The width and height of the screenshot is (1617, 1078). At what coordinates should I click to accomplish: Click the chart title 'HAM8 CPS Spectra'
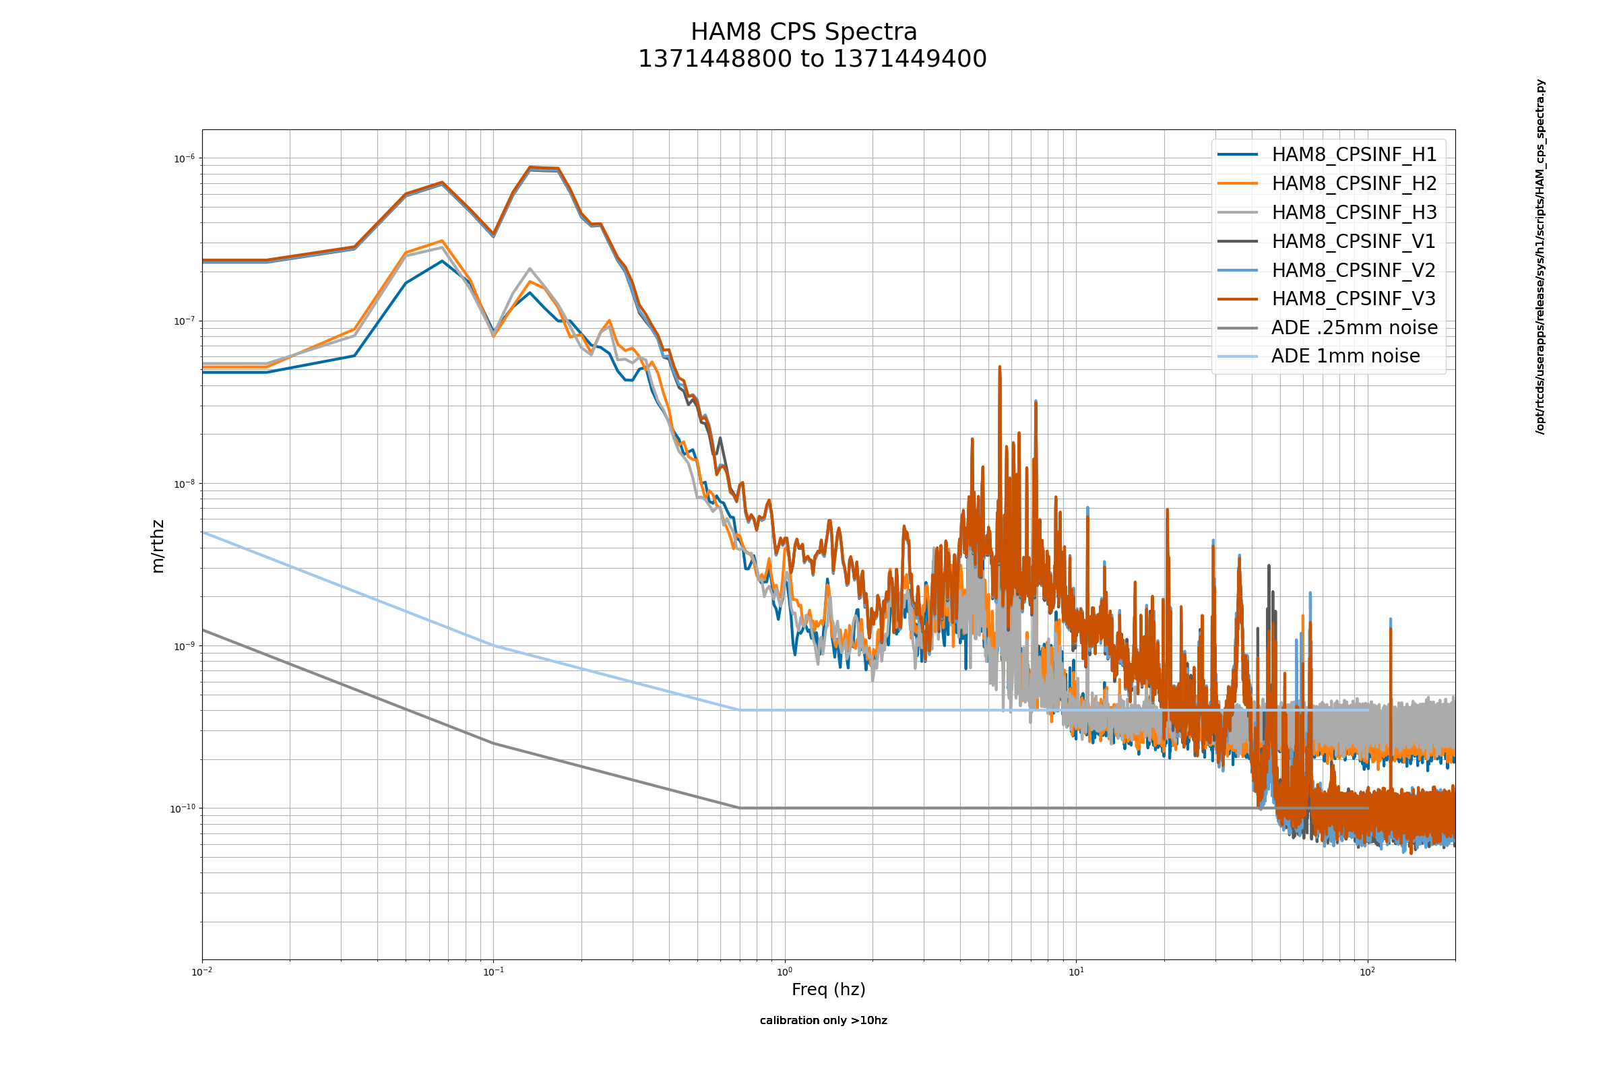pyautogui.click(x=803, y=32)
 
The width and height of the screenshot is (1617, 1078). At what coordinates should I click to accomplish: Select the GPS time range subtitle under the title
pyautogui.click(x=812, y=59)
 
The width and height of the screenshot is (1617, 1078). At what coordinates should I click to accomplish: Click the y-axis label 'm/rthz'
pyautogui.click(x=158, y=546)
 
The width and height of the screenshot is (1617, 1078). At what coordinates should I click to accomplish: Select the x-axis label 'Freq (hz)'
pyautogui.click(x=829, y=989)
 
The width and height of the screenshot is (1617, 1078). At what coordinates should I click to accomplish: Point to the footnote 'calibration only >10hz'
pyautogui.click(x=823, y=1020)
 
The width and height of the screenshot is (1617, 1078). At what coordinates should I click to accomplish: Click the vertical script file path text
pyautogui.click(x=1540, y=257)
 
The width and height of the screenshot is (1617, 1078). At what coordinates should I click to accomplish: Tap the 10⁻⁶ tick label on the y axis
pyautogui.click(x=183, y=159)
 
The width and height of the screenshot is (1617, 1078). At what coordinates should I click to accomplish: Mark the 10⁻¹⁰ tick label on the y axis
pyautogui.click(x=182, y=808)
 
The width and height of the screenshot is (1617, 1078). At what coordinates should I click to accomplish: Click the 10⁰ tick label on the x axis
pyautogui.click(x=784, y=972)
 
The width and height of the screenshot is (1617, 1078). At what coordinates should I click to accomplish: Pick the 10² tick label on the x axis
pyautogui.click(x=1368, y=972)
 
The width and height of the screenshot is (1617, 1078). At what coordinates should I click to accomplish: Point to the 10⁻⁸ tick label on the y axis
pyautogui.click(x=183, y=484)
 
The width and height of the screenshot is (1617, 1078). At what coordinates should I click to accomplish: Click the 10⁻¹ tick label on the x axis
pyautogui.click(x=493, y=972)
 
